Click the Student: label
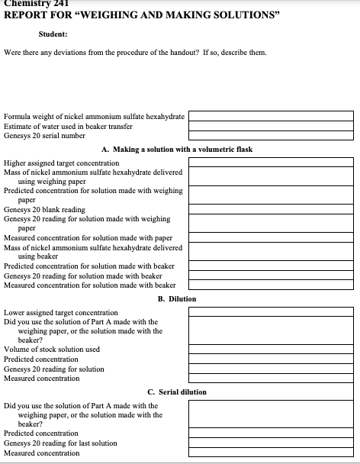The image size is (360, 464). tap(53, 34)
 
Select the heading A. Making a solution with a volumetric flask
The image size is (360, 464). tap(176, 149)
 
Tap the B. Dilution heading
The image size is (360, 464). tap(176, 298)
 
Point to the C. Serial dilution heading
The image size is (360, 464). tap(176, 392)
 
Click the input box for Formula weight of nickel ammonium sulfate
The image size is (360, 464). tap(271, 116)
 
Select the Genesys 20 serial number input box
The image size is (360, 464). tap(271, 135)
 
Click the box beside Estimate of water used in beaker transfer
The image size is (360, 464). tap(271, 126)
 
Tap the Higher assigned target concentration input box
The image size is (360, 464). tap(271, 163)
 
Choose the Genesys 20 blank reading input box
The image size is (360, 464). tap(271, 209)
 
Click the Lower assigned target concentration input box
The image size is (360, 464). tap(271, 312)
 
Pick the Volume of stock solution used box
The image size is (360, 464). tap(271, 349)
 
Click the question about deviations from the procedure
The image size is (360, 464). tap(135, 53)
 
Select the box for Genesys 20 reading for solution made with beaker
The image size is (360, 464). tap(271, 275)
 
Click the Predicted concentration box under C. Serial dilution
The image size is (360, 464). tap(271, 433)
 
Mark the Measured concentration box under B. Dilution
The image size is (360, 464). tap(271, 378)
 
